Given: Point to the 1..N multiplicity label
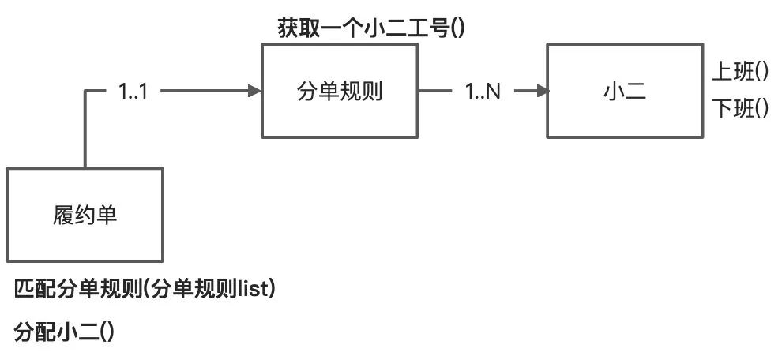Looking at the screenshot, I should [482, 92].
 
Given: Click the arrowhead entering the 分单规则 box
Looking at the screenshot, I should [254, 92].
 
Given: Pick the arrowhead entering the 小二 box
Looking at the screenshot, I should [541, 92].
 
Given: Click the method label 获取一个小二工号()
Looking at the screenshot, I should [370, 29].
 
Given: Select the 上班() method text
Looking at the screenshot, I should [740, 73].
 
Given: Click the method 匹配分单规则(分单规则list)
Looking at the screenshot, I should [145, 290].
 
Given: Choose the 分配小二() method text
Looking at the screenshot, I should [65, 332].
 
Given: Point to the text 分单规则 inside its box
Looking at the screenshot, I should [339, 92].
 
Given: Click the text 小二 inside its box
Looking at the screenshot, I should [623, 92].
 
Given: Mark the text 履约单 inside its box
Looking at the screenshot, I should [85, 215].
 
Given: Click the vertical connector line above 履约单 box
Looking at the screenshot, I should [85, 130].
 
